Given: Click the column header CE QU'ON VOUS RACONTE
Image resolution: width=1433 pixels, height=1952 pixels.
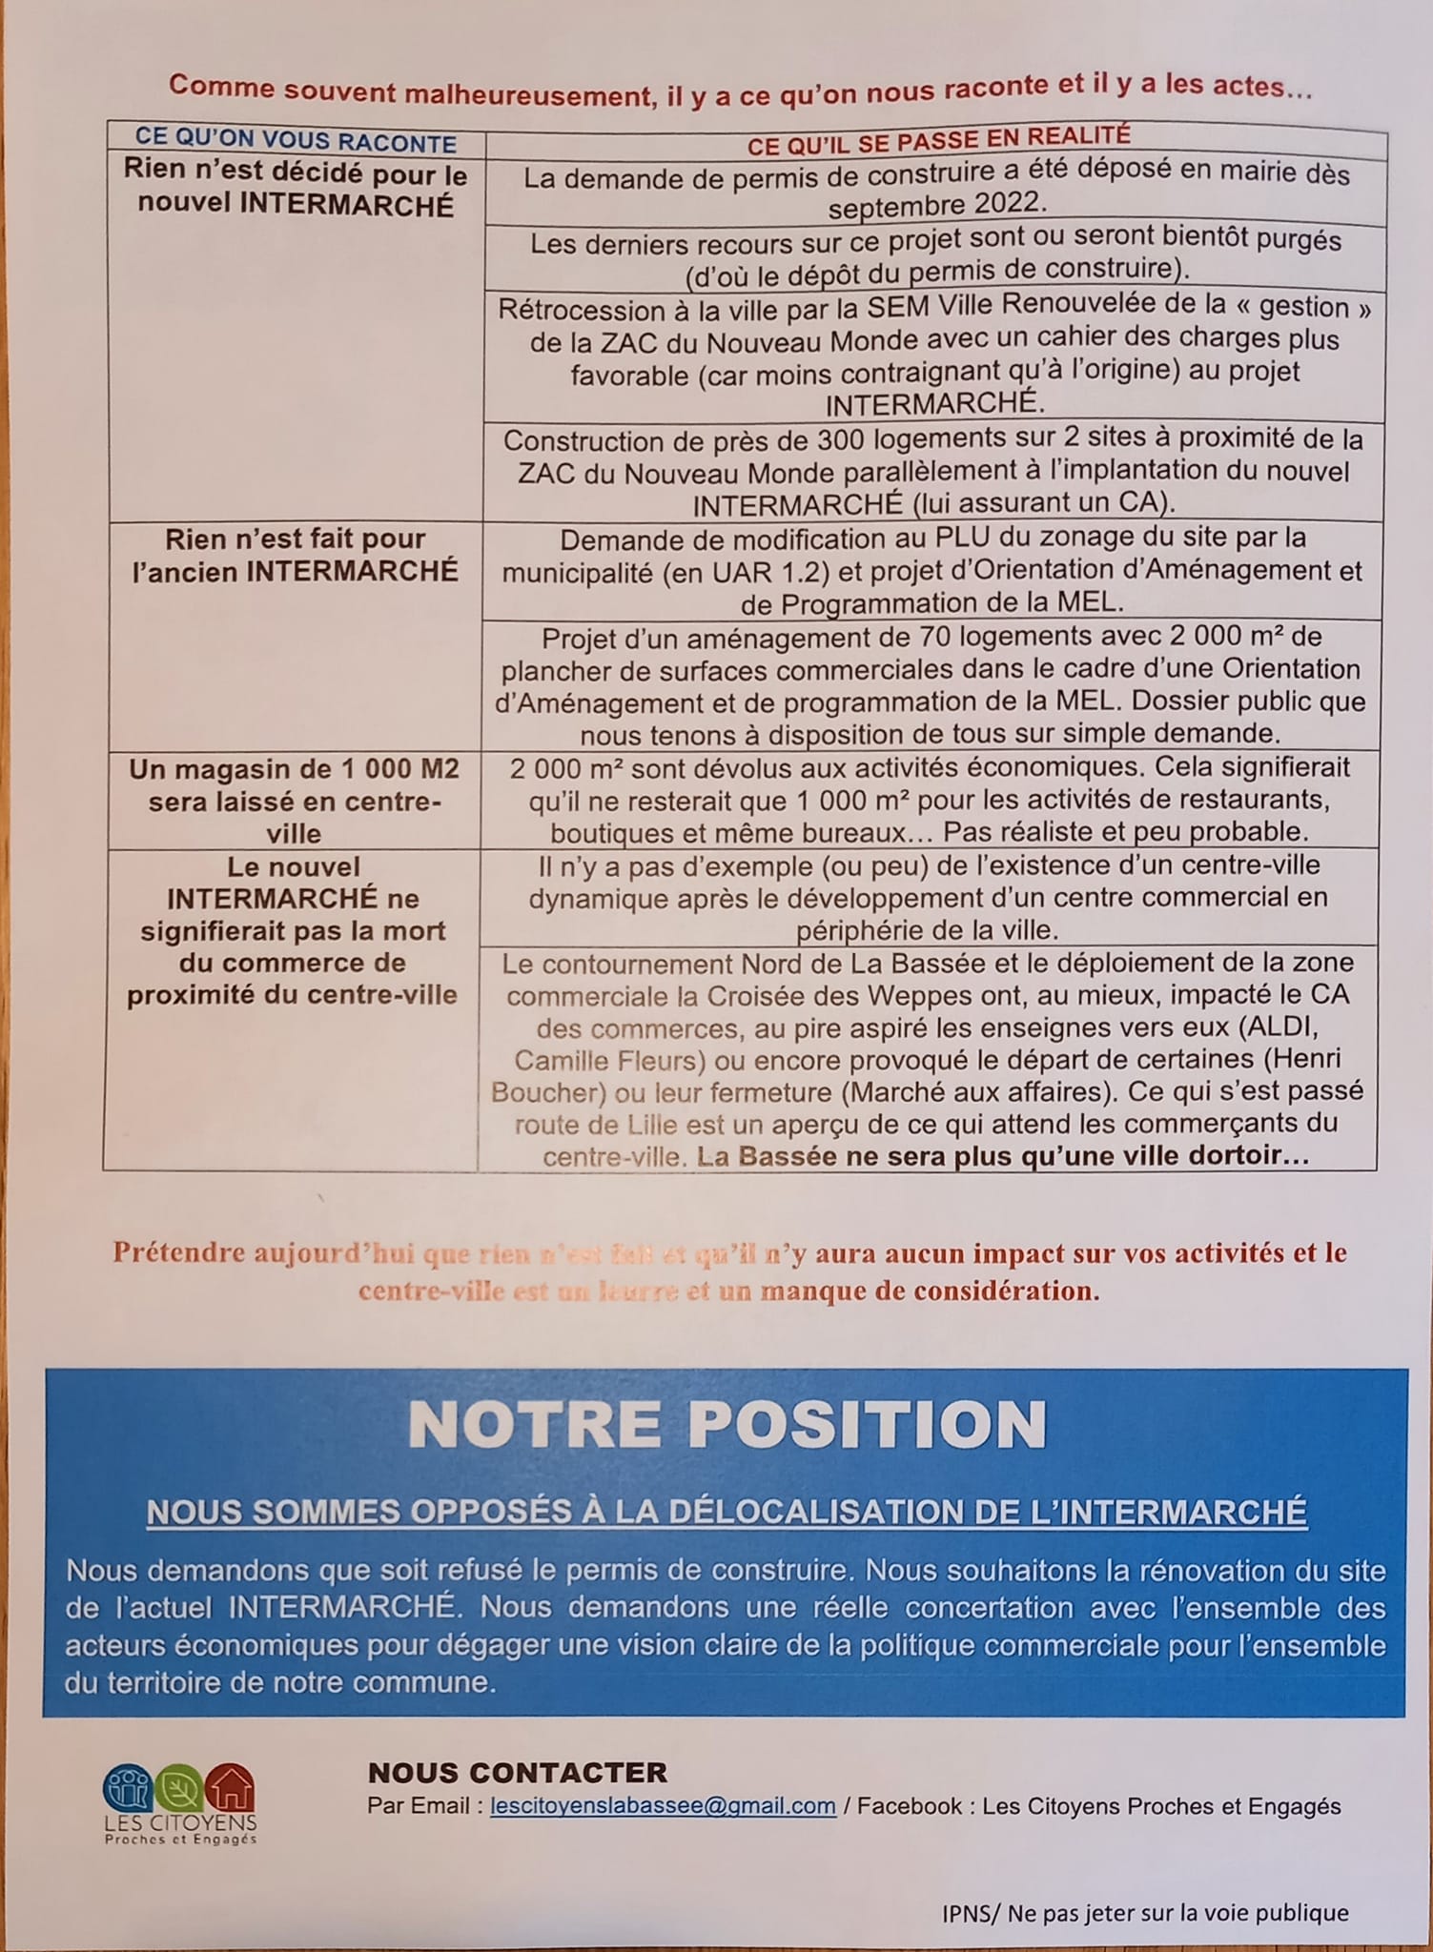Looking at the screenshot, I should pyautogui.click(x=296, y=142).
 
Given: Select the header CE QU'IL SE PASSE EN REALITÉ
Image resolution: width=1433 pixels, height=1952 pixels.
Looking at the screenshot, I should pyautogui.click(x=938, y=140).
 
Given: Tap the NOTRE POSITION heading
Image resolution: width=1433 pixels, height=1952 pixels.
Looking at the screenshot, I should pyautogui.click(x=727, y=1424).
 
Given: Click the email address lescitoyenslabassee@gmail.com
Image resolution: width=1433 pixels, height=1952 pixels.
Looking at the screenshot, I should pyautogui.click(x=663, y=1805).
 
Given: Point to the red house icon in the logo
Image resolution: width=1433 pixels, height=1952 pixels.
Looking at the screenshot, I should pyautogui.click(x=231, y=1786).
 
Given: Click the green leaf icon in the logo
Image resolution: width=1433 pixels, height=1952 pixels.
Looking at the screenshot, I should pyautogui.click(x=178, y=1788).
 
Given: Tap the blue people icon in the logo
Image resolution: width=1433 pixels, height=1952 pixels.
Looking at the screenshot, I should pyautogui.click(x=128, y=1788).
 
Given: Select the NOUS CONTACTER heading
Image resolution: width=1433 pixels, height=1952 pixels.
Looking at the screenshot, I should pyautogui.click(x=518, y=1773).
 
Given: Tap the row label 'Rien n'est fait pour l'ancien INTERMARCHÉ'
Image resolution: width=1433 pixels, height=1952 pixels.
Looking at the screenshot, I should pyautogui.click(x=295, y=555).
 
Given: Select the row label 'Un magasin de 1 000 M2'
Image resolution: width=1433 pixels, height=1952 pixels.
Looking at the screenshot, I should pyautogui.click(x=295, y=769).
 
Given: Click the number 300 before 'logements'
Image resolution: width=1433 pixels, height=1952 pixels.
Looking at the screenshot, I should pyautogui.click(x=843, y=439).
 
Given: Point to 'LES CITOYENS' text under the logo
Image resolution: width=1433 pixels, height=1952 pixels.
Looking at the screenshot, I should pyautogui.click(x=180, y=1822).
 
